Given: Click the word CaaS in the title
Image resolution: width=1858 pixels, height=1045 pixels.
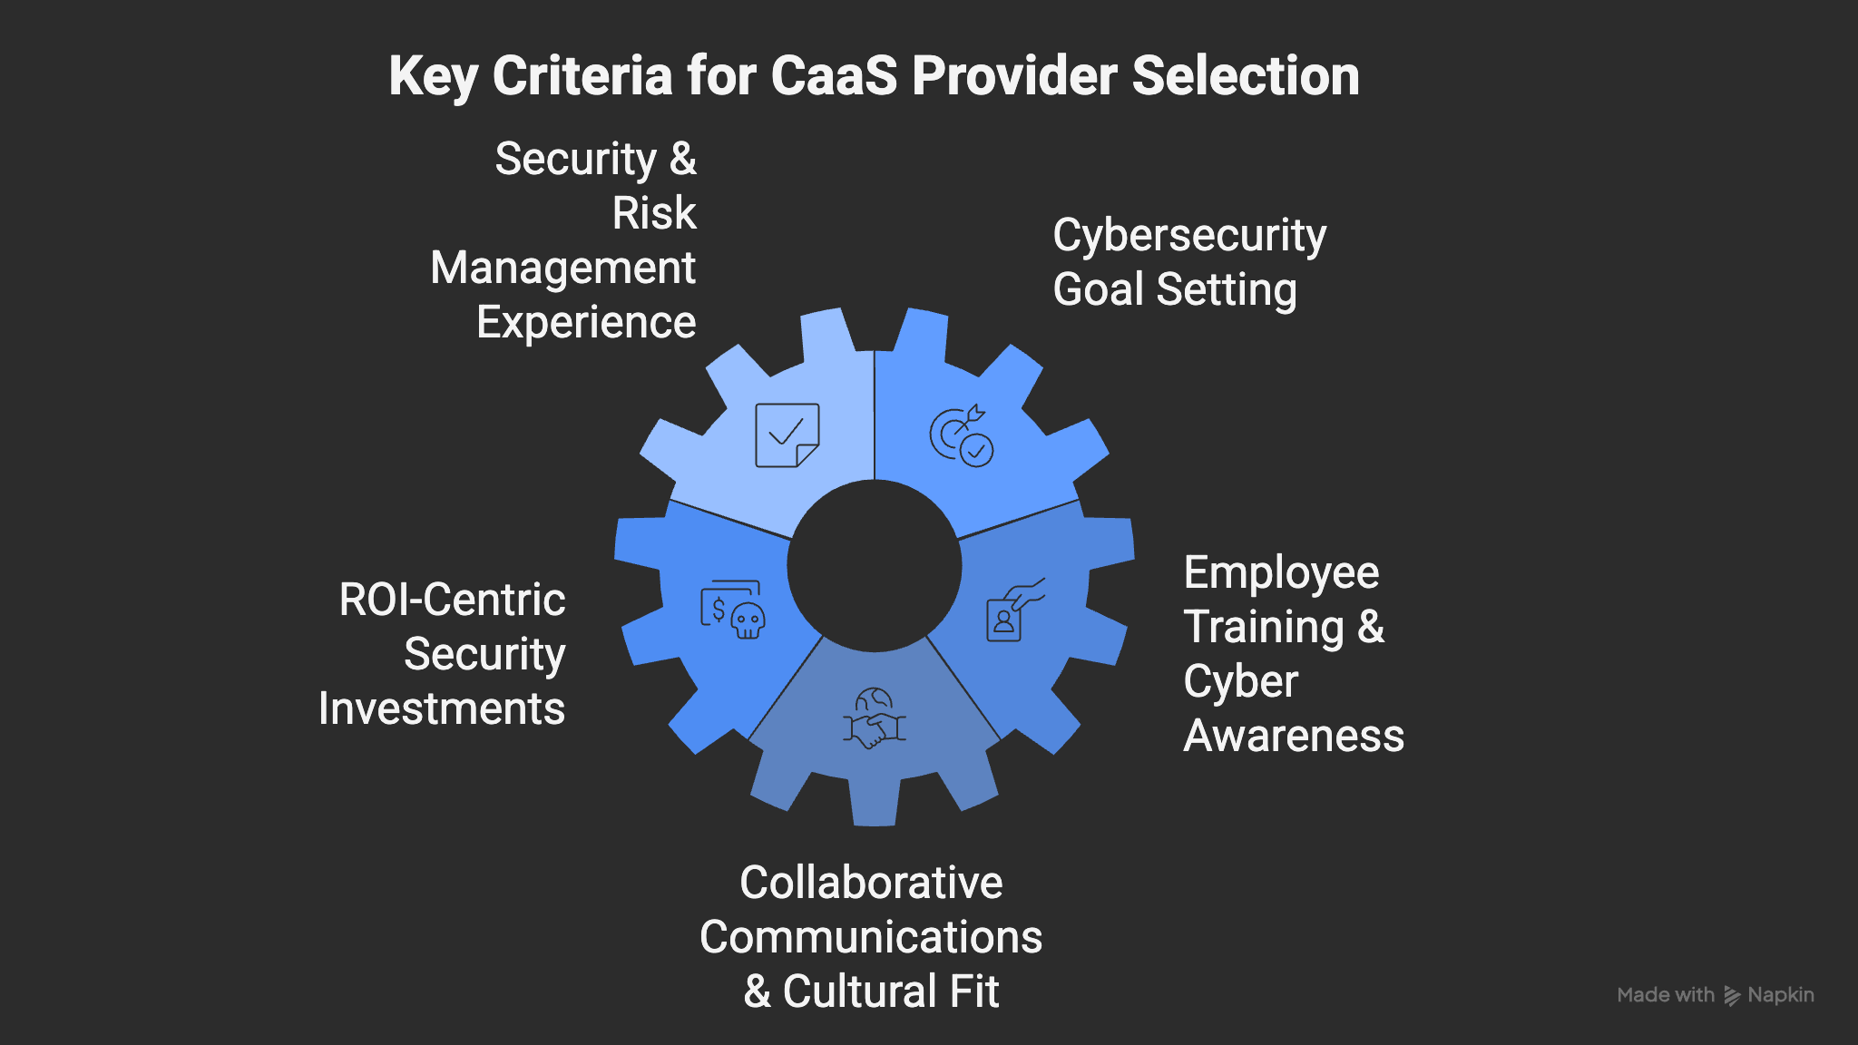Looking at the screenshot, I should point(834,75).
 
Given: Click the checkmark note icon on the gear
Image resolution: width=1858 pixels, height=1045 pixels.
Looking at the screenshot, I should point(787,435).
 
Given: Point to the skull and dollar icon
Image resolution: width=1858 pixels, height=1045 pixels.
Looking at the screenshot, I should point(732,610).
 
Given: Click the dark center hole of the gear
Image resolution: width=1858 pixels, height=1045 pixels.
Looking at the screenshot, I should point(875,566).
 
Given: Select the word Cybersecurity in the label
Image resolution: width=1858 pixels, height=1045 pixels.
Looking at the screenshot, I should point(1189,236).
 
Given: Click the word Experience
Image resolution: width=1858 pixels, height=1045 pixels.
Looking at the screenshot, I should point(586,323).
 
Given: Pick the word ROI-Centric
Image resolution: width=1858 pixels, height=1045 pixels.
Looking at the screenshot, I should point(452,600).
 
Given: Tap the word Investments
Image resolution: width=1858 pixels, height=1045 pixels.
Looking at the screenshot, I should point(442,708).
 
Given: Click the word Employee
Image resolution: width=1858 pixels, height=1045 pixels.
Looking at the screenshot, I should point(1281,573).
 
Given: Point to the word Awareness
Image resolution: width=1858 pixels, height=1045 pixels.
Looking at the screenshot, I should point(1294,736).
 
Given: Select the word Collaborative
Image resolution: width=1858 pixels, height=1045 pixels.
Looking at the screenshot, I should point(871,883).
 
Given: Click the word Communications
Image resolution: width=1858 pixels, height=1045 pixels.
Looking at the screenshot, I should point(871,937).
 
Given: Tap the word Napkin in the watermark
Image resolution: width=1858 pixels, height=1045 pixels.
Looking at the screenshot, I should point(1780,995).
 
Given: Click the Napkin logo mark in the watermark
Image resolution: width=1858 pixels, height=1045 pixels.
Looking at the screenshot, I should point(1732,996).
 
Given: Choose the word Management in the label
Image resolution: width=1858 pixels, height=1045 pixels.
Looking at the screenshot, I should point(562,269).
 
